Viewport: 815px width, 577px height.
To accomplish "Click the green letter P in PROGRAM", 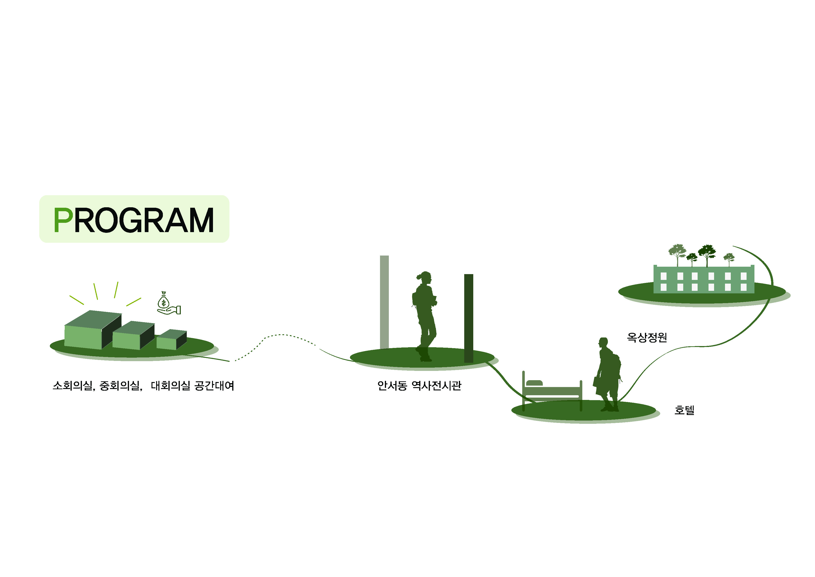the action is [63, 220].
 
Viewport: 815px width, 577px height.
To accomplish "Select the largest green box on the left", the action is [93, 330].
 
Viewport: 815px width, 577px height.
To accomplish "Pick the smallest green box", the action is [171, 339].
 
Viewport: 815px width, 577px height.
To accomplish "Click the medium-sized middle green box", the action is [134, 335].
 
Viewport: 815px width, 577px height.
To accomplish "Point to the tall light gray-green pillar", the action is [384, 302].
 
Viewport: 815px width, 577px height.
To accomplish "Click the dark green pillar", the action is [469, 318].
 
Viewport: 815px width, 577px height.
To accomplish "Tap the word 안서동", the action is [392, 386].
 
